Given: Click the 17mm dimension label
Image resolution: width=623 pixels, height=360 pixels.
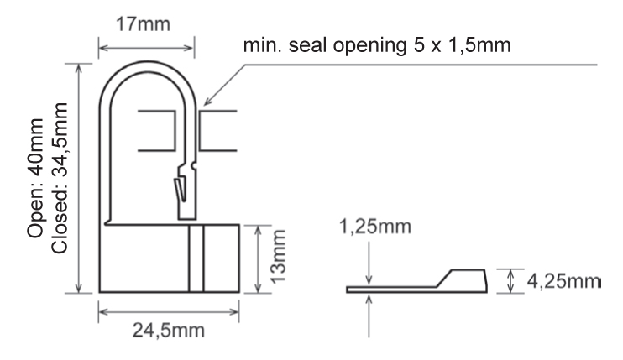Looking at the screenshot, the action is (x=143, y=24).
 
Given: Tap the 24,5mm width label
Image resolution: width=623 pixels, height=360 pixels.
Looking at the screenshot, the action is (x=169, y=331).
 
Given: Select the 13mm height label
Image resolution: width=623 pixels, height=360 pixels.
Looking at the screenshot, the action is (x=278, y=257).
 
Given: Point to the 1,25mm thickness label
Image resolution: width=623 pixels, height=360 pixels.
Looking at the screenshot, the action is (x=375, y=227).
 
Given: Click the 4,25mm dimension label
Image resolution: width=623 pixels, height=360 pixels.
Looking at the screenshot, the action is (x=563, y=281).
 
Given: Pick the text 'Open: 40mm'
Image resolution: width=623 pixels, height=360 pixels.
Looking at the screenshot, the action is (x=35, y=178).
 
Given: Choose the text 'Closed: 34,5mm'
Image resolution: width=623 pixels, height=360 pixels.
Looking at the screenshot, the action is (x=60, y=178).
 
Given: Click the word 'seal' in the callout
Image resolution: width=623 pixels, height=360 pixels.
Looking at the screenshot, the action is (x=309, y=44).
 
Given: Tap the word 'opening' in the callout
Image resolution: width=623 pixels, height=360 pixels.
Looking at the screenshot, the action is (x=370, y=46).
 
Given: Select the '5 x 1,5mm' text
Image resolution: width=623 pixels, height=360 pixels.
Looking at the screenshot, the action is (x=462, y=45).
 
